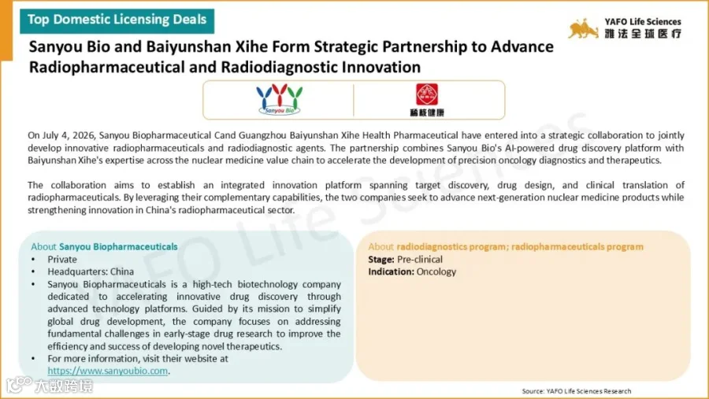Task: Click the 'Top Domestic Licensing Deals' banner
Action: coord(117,20)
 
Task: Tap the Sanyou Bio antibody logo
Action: coord(280,99)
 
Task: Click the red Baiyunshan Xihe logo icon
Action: coord(427,94)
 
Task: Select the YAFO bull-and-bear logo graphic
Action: coord(583,29)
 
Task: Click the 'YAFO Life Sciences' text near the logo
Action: coord(643,22)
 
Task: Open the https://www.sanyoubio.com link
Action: coord(108,371)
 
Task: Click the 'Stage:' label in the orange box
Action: coord(381,260)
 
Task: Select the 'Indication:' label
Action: coord(391,272)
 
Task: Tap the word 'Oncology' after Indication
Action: coord(436,272)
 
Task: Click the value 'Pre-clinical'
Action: coord(420,260)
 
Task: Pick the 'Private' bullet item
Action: coord(62,260)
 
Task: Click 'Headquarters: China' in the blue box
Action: coord(91,272)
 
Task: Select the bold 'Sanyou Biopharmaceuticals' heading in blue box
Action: coord(118,247)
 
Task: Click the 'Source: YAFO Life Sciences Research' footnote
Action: coord(577,391)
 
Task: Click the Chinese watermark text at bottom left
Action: coord(63,386)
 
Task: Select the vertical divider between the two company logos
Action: coord(354,100)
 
